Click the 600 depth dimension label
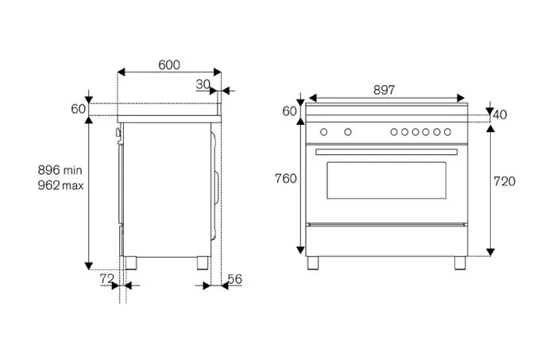[168, 65]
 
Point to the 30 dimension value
[203, 84]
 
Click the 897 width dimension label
[384, 91]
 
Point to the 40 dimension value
[500, 115]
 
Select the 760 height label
[286, 178]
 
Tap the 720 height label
[504, 181]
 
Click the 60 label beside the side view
[77, 109]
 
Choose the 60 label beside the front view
[288, 110]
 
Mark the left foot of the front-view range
[315, 261]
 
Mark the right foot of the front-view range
[458, 261]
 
